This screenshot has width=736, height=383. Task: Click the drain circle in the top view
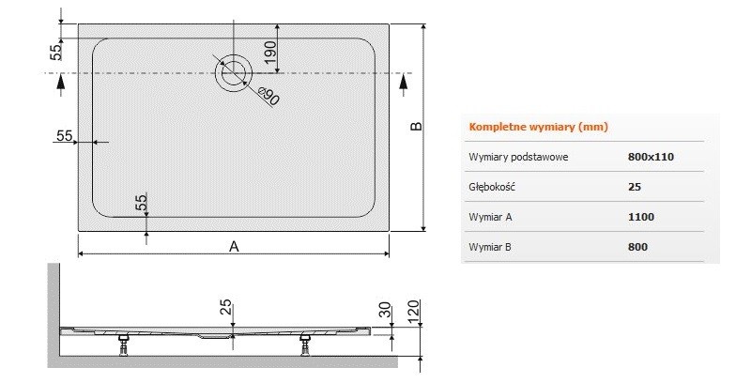pos(233,72)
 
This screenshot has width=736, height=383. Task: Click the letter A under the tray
pos(234,246)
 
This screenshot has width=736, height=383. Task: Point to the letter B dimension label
pos(418,127)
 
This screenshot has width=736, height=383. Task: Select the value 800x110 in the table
pos(652,157)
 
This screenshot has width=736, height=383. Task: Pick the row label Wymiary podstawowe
pos(517,157)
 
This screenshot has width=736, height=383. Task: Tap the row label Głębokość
pos(492,187)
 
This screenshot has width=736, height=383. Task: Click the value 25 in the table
pos(635,187)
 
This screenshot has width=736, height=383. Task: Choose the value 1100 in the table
pos(641,217)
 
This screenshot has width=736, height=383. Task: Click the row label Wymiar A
pos(489,217)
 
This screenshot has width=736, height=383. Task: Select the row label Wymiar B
pos(489,247)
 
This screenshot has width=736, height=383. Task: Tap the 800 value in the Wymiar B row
pos(637,247)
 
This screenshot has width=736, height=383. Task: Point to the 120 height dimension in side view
pos(414,310)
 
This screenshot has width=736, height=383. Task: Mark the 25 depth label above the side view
pos(226,306)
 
